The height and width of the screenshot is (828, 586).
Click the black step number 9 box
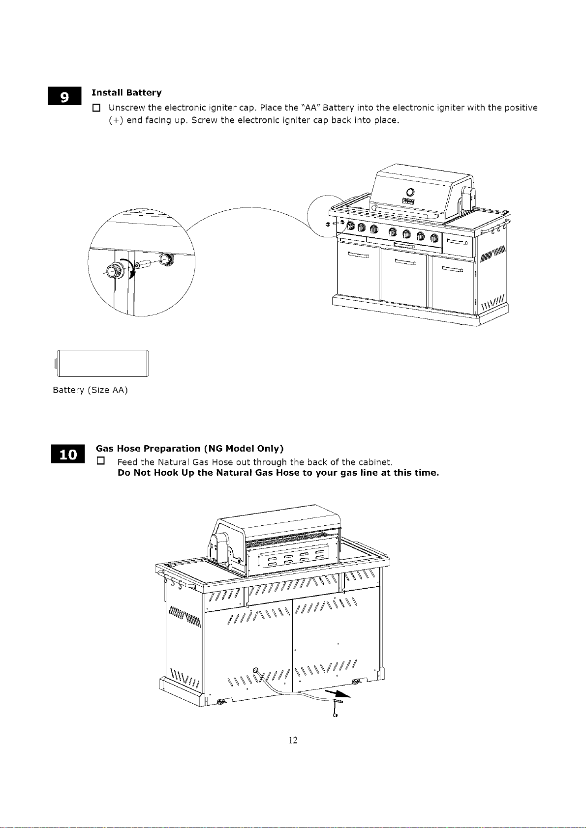pyautogui.click(x=64, y=96)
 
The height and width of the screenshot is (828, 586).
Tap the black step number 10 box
pyautogui.click(x=68, y=454)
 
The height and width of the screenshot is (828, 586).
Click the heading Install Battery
pyautogui.click(x=126, y=92)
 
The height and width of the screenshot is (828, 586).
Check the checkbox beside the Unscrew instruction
pyautogui.click(x=96, y=108)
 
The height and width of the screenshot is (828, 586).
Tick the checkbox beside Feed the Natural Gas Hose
pyautogui.click(x=101, y=461)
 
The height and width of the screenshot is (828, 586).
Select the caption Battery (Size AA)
pyautogui.click(x=91, y=390)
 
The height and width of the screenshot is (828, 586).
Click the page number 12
pyautogui.click(x=293, y=740)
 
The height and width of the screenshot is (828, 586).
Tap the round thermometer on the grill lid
pyautogui.click(x=410, y=192)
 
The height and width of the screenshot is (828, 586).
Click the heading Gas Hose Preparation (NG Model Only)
pyautogui.click(x=189, y=448)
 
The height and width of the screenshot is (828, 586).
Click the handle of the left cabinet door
pyautogui.click(x=358, y=255)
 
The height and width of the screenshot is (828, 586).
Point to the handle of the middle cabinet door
pyautogui.click(x=405, y=262)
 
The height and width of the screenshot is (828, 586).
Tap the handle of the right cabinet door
pyautogui.click(x=452, y=269)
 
